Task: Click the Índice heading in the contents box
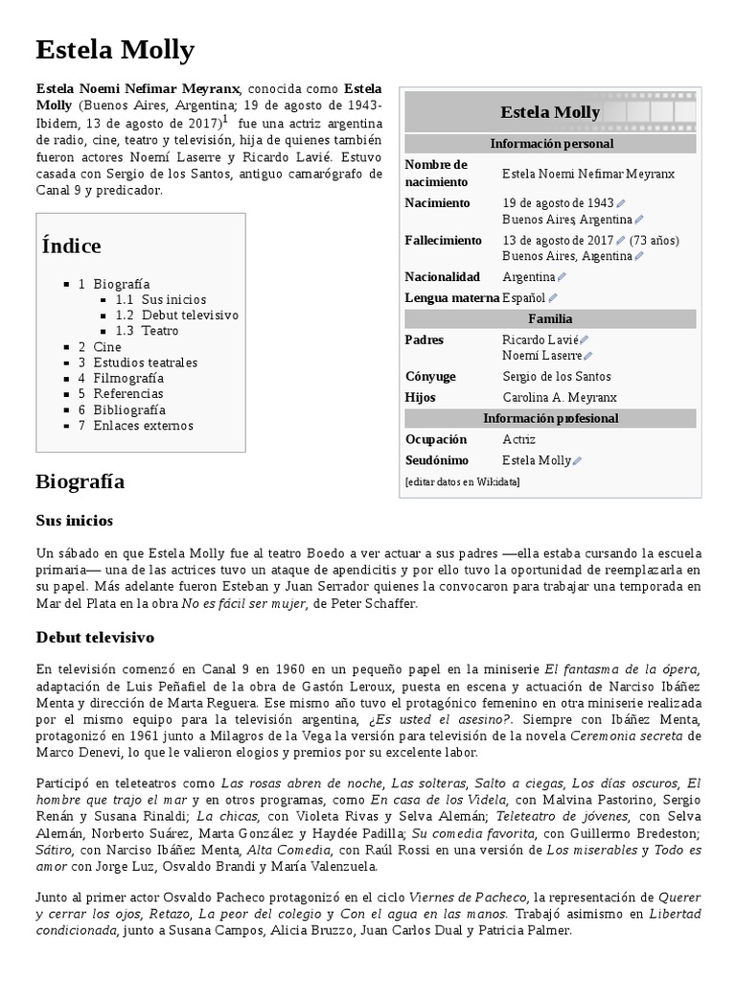tap(71, 245)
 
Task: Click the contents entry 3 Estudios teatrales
tap(138, 362)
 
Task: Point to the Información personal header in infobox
tap(550, 144)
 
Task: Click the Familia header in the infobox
tap(550, 318)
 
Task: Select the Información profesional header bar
tap(550, 418)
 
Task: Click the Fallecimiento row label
tap(443, 240)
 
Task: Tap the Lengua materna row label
tap(452, 297)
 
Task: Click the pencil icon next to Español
tap(553, 298)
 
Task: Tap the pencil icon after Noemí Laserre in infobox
tap(588, 356)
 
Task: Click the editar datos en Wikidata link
tap(462, 481)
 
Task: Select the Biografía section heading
tap(80, 480)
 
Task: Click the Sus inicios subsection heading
tap(75, 521)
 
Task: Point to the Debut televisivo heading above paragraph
tap(95, 637)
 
